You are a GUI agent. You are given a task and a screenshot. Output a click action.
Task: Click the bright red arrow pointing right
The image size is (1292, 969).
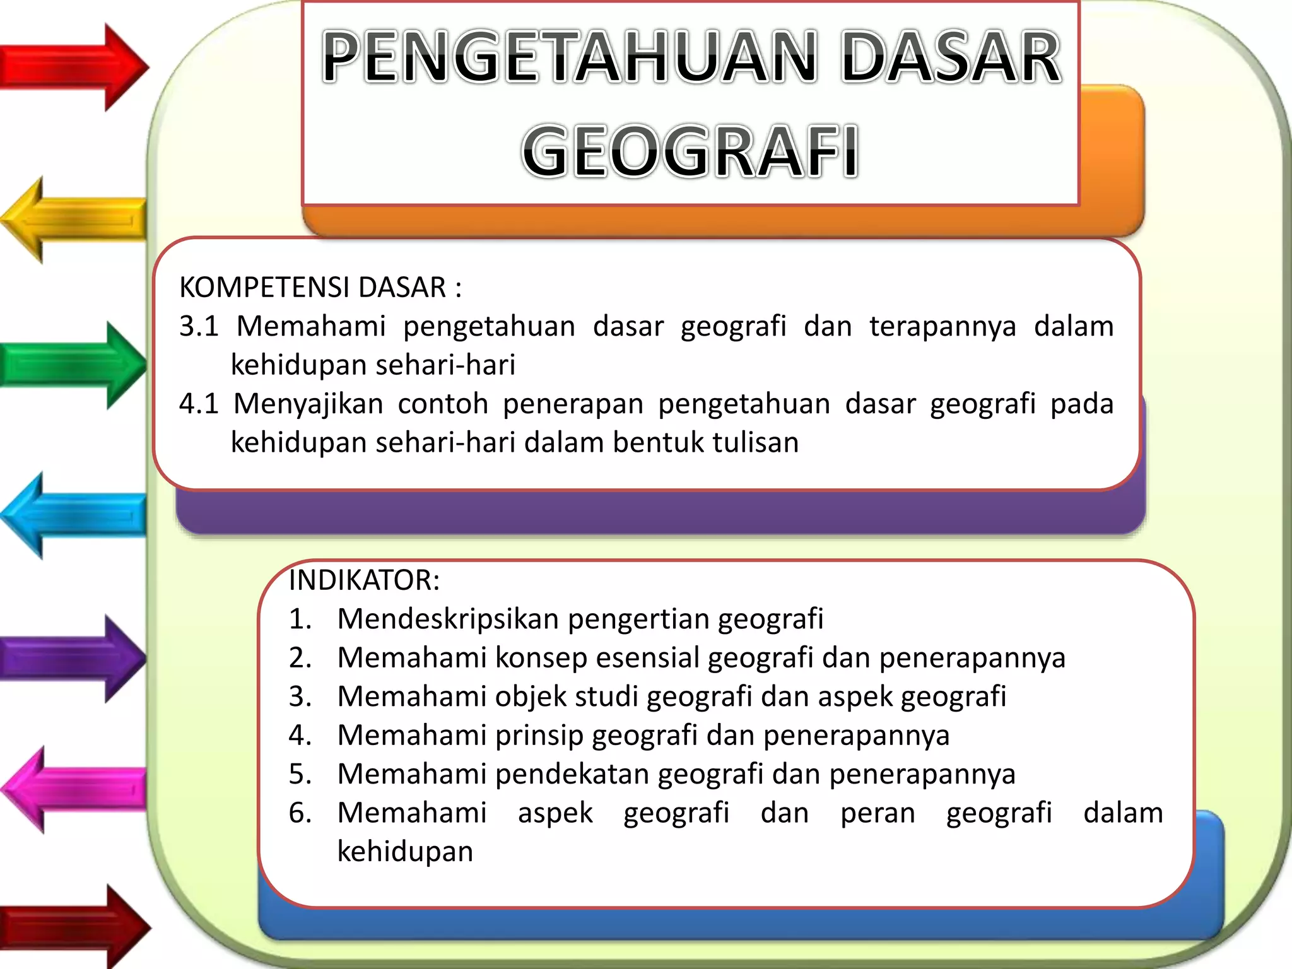[73, 66]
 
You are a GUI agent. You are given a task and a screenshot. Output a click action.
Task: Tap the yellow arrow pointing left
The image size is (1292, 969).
[73, 220]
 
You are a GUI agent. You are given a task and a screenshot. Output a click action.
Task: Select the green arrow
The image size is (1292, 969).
[73, 365]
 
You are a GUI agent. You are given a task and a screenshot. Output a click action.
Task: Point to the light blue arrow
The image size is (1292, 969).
[73, 515]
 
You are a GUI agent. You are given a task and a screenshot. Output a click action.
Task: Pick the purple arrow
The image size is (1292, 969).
[73, 658]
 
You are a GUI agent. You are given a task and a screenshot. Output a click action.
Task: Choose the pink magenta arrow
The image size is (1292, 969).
[73, 789]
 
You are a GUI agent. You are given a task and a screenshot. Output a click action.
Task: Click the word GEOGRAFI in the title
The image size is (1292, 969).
[690, 151]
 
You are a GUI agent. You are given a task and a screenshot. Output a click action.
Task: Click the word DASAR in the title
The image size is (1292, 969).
[951, 58]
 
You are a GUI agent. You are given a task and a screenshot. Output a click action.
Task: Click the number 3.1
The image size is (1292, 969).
[198, 326]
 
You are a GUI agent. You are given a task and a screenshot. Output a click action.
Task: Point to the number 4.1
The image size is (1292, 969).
[198, 404]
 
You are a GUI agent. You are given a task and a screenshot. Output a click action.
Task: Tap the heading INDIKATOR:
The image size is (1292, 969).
[364, 580]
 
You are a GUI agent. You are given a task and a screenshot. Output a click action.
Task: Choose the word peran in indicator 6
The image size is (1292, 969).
[878, 813]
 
